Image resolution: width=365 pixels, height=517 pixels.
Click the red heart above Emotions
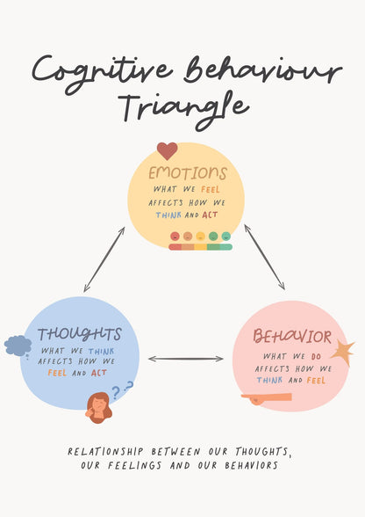point(168,150)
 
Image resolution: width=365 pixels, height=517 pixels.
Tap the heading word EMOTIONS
point(188,173)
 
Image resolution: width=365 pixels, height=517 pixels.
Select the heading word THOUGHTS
point(80,334)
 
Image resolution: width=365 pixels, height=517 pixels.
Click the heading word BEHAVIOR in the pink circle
point(292,336)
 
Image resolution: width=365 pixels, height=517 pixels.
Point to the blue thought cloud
point(18,346)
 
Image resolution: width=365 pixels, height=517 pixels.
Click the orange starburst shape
point(342,353)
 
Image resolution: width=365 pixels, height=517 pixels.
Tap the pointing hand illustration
point(266,398)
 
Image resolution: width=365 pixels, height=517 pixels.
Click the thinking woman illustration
point(98,408)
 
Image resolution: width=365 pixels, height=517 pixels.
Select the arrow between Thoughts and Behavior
point(186,359)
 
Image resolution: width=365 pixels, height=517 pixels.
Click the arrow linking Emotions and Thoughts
point(104,259)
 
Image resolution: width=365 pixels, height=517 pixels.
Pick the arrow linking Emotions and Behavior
point(264,257)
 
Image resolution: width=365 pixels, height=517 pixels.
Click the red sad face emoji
point(175,236)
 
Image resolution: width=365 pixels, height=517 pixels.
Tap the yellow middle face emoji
point(200,236)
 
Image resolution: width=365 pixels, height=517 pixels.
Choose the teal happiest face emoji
point(226,236)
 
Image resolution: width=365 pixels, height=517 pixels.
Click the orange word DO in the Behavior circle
point(316,356)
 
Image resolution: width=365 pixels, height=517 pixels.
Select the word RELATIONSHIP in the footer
point(105,451)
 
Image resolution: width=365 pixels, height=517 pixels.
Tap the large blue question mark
point(116,393)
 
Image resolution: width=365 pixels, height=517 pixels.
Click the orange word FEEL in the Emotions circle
point(211,189)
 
